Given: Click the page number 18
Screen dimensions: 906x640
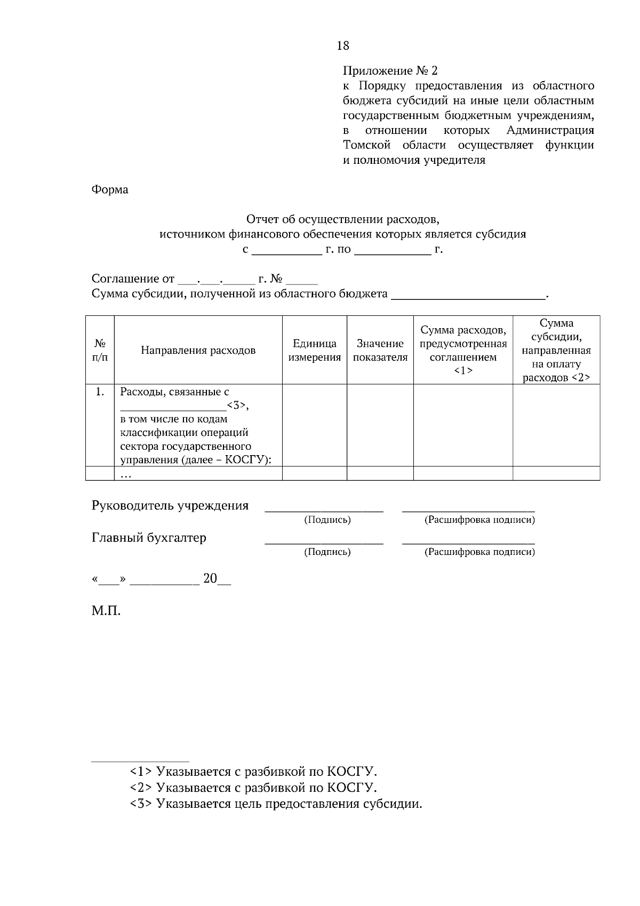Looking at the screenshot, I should [x=343, y=46].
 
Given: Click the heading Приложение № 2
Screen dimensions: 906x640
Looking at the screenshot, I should [x=389, y=71].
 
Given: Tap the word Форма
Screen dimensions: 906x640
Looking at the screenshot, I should [x=110, y=190].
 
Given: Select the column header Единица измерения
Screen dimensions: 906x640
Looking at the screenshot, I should [x=314, y=351].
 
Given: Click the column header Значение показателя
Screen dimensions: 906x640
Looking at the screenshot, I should [x=380, y=351].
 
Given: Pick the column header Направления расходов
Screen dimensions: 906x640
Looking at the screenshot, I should [x=198, y=351].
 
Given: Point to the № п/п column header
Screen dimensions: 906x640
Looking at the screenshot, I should [x=100, y=351].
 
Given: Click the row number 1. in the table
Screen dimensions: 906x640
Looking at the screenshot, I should [x=100, y=392].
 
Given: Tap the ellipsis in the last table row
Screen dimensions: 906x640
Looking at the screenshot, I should [x=126, y=474].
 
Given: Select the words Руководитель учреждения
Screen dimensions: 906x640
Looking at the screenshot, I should [x=170, y=506].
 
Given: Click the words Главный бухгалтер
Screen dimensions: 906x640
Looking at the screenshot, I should [x=149, y=538].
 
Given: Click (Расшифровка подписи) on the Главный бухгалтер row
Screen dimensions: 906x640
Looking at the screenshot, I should [x=479, y=552].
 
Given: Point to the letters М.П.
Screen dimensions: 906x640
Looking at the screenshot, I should [x=106, y=611].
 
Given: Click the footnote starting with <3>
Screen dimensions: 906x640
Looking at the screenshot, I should [x=276, y=804].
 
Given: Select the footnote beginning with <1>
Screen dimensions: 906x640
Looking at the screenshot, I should [x=253, y=772].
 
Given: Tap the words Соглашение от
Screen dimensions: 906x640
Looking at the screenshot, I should [x=133, y=279].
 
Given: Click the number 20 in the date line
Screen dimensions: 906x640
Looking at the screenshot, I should [x=210, y=579].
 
